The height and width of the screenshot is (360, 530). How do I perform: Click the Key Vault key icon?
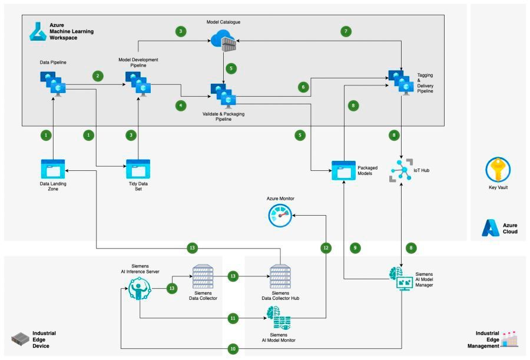(497, 169)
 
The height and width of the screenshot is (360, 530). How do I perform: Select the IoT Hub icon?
(402, 170)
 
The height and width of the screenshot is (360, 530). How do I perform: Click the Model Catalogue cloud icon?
(223, 39)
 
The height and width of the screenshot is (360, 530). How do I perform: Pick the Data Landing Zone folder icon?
(54, 169)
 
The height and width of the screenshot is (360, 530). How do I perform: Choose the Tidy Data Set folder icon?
(138, 169)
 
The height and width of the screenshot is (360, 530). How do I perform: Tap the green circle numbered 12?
(325, 248)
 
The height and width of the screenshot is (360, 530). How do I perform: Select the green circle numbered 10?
(233, 349)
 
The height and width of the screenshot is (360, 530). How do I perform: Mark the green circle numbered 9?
(355, 248)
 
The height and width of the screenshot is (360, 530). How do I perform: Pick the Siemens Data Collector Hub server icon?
(280, 276)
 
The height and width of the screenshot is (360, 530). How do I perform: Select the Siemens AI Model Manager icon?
(402, 277)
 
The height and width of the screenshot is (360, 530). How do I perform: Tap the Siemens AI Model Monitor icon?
(279, 318)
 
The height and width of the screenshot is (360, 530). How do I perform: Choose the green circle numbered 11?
(233, 318)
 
